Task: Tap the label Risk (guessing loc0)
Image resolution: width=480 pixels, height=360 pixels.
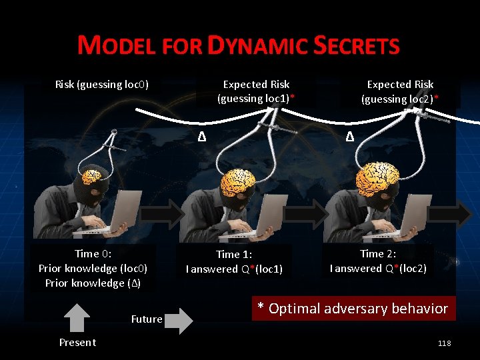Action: click(x=101, y=85)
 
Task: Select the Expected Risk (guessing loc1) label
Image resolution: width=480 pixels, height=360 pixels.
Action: click(x=256, y=91)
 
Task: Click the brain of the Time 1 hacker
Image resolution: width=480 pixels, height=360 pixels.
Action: click(x=238, y=181)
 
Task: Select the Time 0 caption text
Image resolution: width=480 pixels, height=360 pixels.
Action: click(x=93, y=268)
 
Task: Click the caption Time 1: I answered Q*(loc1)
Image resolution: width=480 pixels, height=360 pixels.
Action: click(x=234, y=262)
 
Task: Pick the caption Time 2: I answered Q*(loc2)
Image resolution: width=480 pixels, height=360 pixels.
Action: click(x=378, y=261)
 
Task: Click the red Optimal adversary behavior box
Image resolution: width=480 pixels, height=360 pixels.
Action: click(x=353, y=309)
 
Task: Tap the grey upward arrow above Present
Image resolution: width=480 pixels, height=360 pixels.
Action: click(x=78, y=317)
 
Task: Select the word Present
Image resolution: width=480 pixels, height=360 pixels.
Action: click(x=77, y=343)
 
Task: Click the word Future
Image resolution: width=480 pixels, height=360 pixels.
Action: click(x=147, y=319)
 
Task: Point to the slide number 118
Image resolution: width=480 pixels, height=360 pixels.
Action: click(x=444, y=343)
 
